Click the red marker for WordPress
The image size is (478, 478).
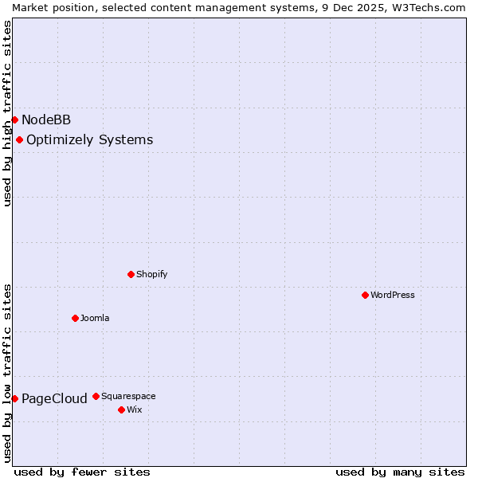365,295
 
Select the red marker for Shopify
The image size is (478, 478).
131,274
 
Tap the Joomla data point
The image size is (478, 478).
75,318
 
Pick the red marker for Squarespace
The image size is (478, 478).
96,396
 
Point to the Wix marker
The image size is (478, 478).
121,409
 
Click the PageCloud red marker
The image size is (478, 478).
14,398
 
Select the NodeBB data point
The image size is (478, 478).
14,119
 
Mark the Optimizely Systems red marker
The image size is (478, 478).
19,139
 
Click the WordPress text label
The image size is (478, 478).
393,295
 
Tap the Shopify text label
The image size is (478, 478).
151,274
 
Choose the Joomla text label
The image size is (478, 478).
95,318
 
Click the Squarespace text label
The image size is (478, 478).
128,396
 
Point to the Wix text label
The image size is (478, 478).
135,409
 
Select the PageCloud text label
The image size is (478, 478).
54,398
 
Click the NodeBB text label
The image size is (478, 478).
46,119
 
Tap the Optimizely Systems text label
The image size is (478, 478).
89,140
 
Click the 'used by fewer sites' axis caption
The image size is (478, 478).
82,472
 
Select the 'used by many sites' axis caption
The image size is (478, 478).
400,472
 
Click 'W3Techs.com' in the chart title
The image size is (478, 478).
433,7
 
